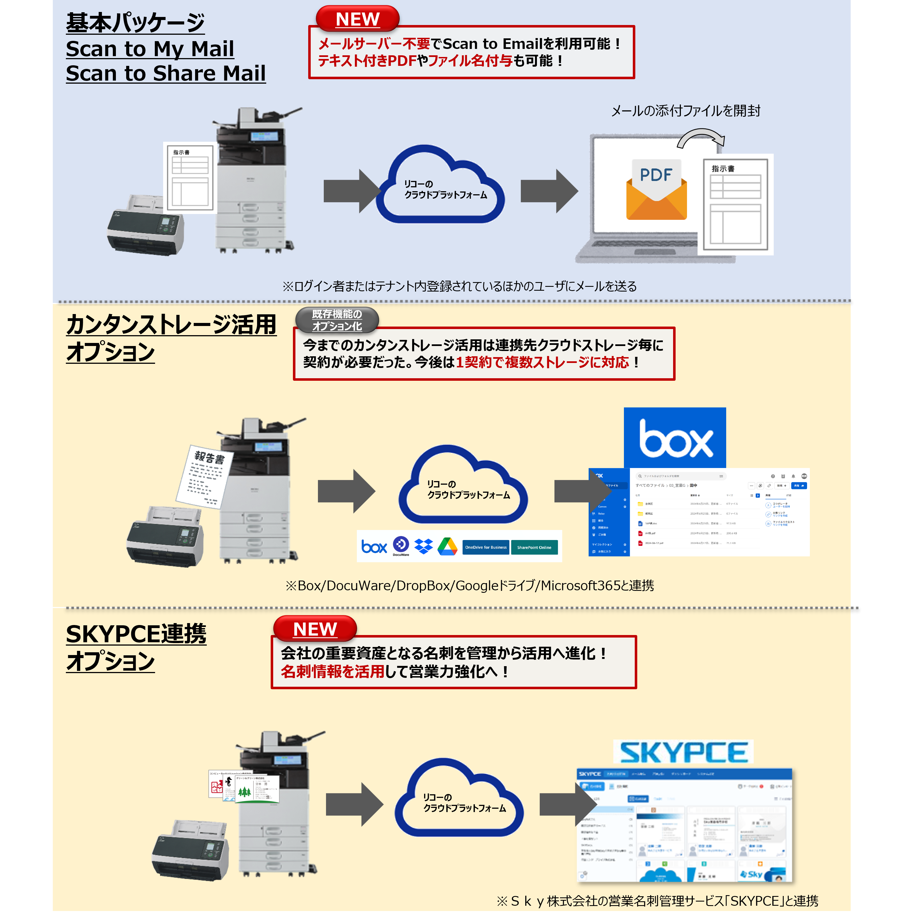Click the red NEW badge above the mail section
[357, 19]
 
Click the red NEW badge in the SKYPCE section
[315, 629]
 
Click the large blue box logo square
[674, 437]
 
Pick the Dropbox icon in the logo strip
[423, 546]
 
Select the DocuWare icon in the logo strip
[401, 545]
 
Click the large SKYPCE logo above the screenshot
[683, 752]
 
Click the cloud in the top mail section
[441, 187]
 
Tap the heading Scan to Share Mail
[165, 73]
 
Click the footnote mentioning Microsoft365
[469, 586]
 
